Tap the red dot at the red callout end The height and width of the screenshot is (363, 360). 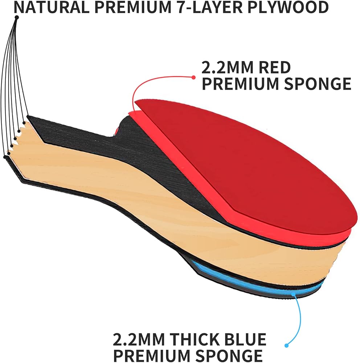tap(193, 77)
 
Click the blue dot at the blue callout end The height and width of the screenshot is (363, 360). tap(287, 345)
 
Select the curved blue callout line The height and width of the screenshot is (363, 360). tap(300, 319)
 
